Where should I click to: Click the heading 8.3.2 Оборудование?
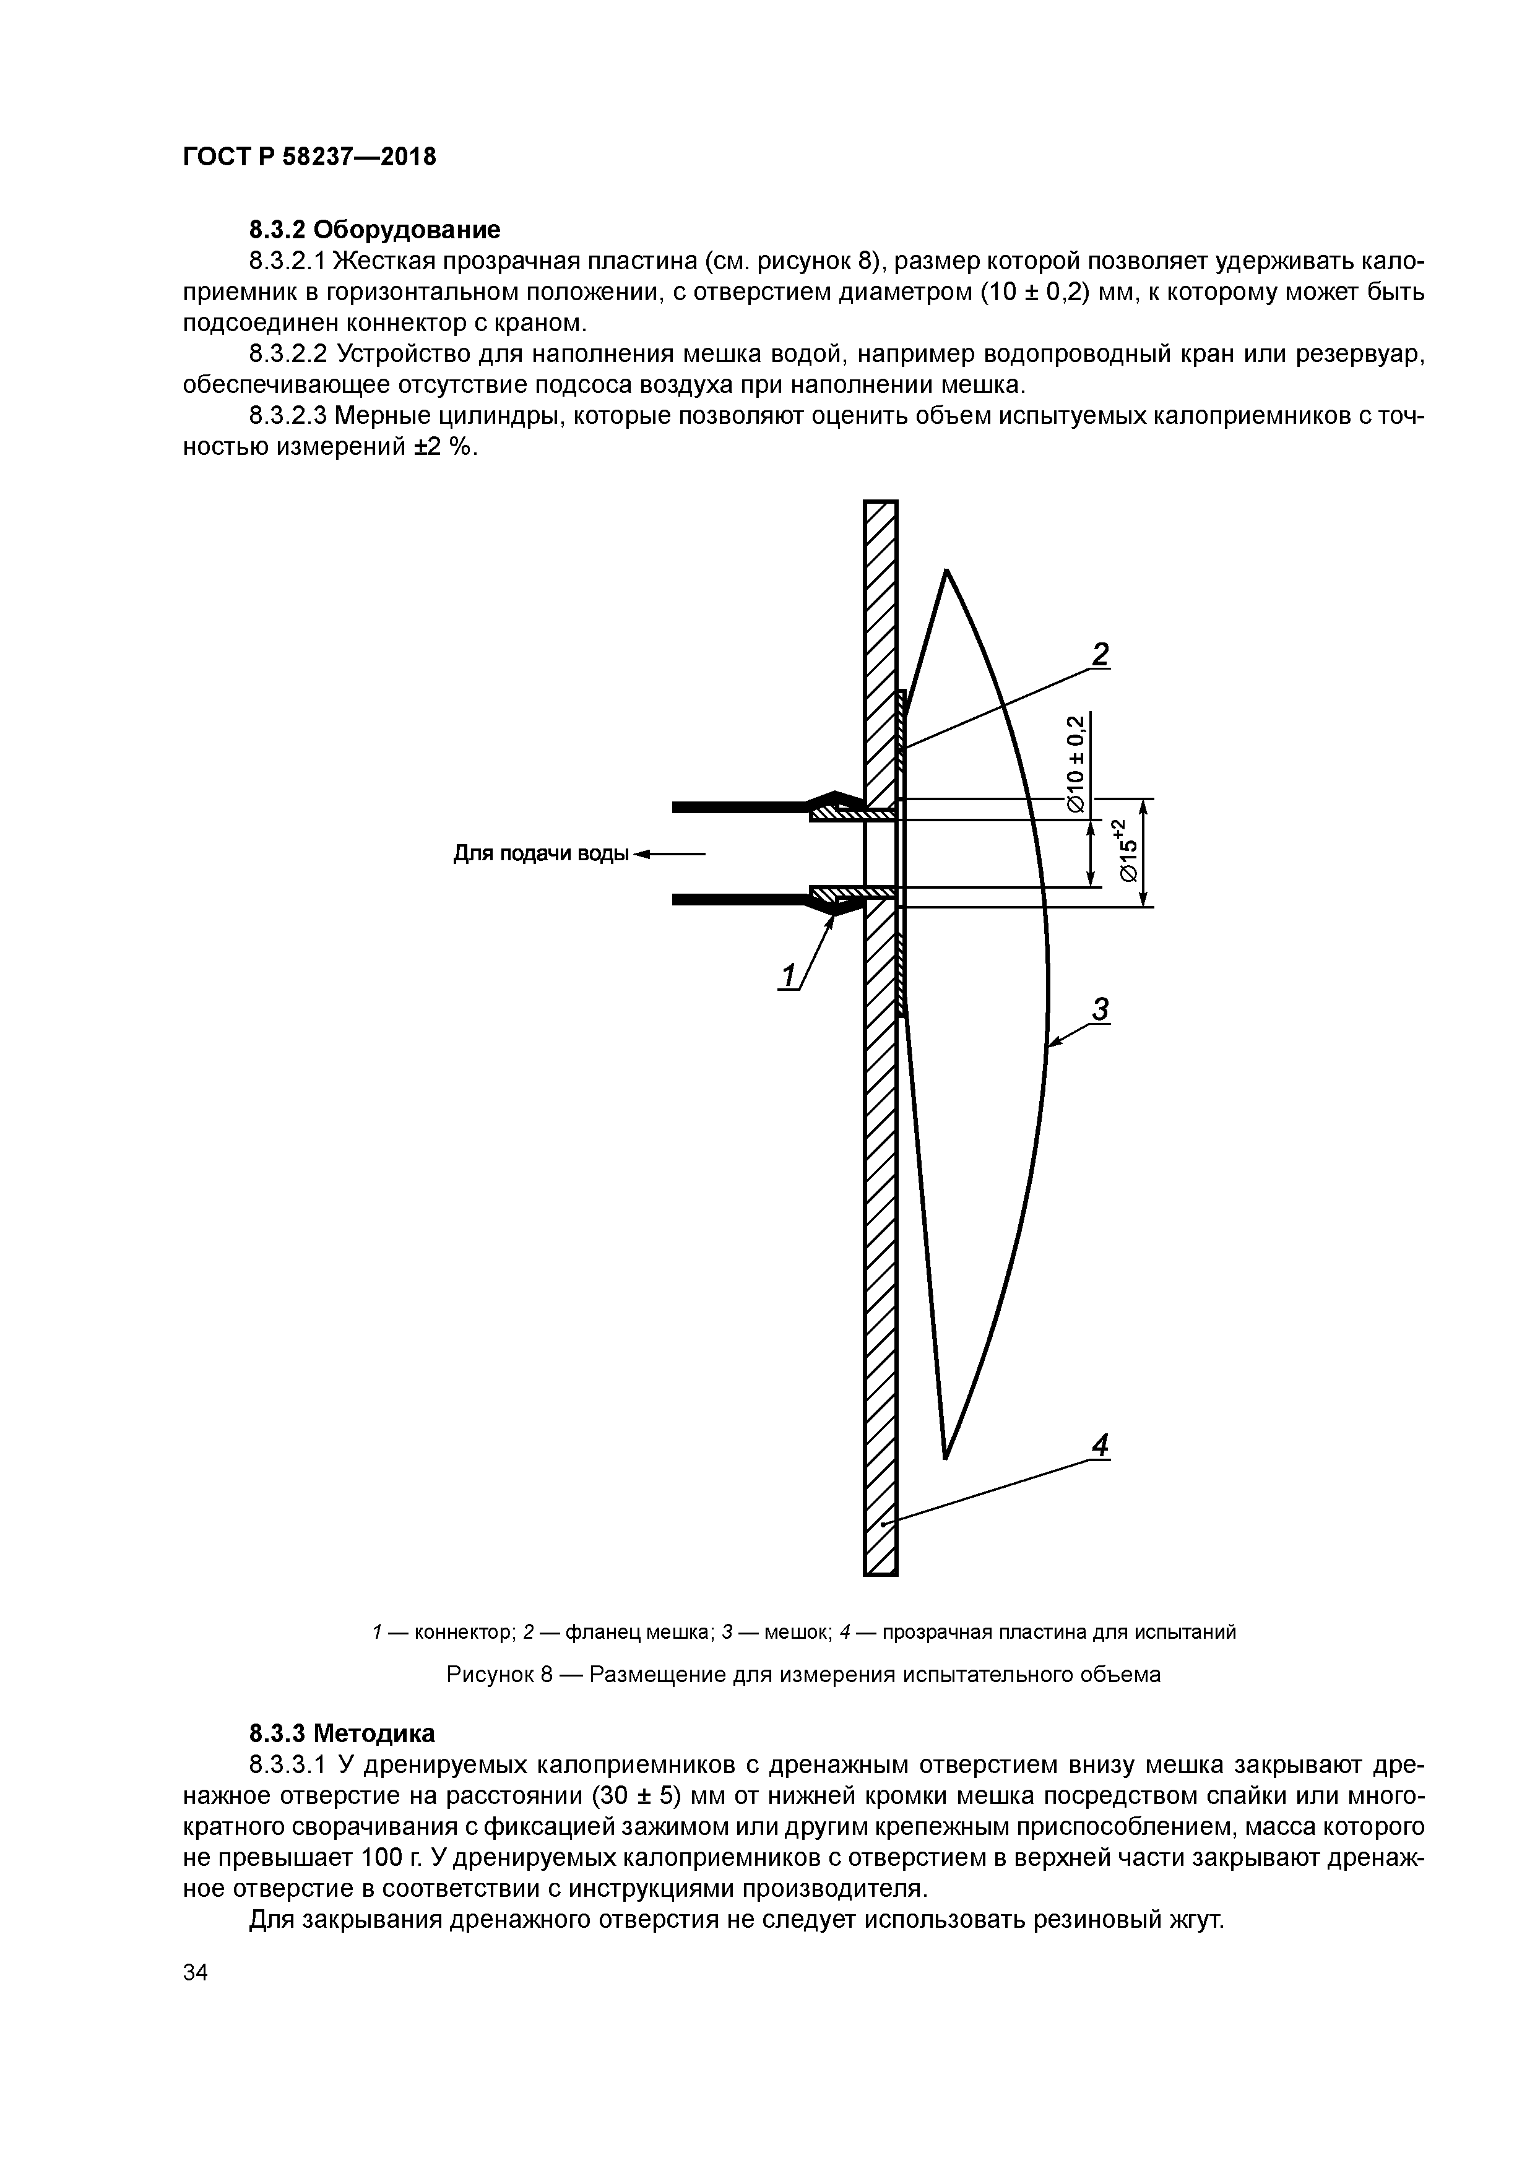pyautogui.click(x=374, y=230)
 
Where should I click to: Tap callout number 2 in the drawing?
pyautogui.click(x=1099, y=654)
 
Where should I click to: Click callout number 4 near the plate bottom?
pyautogui.click(x=1099, y=1445)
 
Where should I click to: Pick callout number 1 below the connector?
pyautogui.click(x=787, y=975)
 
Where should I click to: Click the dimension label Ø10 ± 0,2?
pyautogui.click(x=1075, y=762)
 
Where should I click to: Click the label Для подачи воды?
pyautogui.click(x=540, y=854)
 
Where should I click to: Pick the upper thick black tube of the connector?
pyautogui.click(x=738, y=806)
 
